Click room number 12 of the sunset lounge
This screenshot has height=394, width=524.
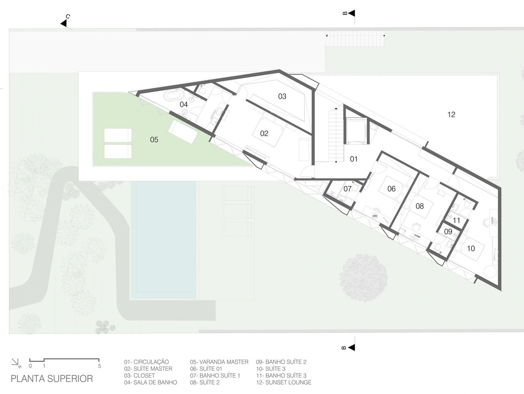pyautogui.click(x=451, y=115)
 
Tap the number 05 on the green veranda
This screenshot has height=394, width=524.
pyautogui.click(x=154, y=140)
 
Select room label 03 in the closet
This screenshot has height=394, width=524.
pyautogui.click(x=282, y=96)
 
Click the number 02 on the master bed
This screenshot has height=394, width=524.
pyautogui.click(x=264, y=134)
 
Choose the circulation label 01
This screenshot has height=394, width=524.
pyautogui.click(x=354, y=159)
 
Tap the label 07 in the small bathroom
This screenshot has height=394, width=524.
pyautogui.click(x=347, y=189)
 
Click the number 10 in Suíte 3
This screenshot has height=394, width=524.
pyautogui.click(x=471, y=249)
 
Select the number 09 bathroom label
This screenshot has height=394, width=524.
pyautogui.click(x=448, y=232)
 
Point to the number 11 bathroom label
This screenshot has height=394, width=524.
pyautogui.click(x=456, y=220)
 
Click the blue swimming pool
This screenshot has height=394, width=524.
pyautogui.click(x=164, y=240)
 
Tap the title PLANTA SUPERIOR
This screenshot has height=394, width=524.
pyautogui.click(x=52, y=379)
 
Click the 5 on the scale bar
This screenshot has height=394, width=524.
pyautogui.click(x=100, y=366)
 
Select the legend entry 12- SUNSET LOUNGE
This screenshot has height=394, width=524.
pyautogui.click(x=284, y=383)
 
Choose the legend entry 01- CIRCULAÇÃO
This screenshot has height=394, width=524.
pyautogui.click(x=146, y=362)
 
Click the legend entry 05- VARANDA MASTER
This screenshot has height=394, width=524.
pyautogui.click(x=219, y=362)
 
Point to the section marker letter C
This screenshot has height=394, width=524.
pyautogui.click(x=68, y=16)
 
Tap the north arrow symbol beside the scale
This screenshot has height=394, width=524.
pyautogui.click(x=16, y=363)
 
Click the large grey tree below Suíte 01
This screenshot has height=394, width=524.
pyautogui.click(x=363, y=277)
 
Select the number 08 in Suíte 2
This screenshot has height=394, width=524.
pyautogui.click(x=420, y=206)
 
